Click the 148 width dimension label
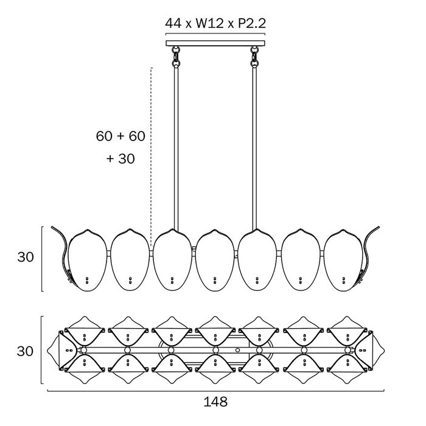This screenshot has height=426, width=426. pyautogui.click(x=215, y=402)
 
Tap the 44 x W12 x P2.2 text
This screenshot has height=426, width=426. pyautogui.click(x=215, y=23)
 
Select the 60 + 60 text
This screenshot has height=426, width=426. pyautogui.click(x=120, y=136)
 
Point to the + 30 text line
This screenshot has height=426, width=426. pyautogui.click(x=120, y=158)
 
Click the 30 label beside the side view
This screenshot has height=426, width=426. pyautogui.click(x=26, y=257)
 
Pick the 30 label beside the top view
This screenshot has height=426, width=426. pyautogui.click(x=25, y=351)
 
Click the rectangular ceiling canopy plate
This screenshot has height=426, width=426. pyautogui.click(x=215, y=43)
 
